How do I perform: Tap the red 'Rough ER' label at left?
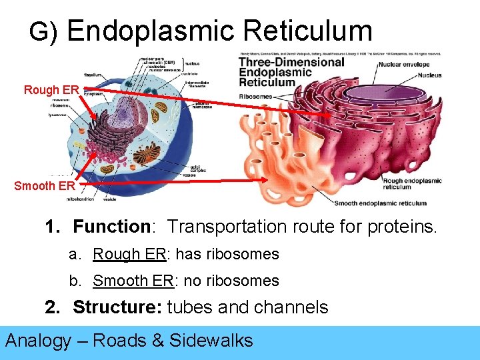52,89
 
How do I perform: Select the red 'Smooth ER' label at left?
45,186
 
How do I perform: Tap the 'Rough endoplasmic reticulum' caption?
411,184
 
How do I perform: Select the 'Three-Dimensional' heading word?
291,62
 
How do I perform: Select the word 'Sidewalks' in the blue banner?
211,341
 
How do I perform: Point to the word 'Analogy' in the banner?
38,341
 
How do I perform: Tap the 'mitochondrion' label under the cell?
80,199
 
